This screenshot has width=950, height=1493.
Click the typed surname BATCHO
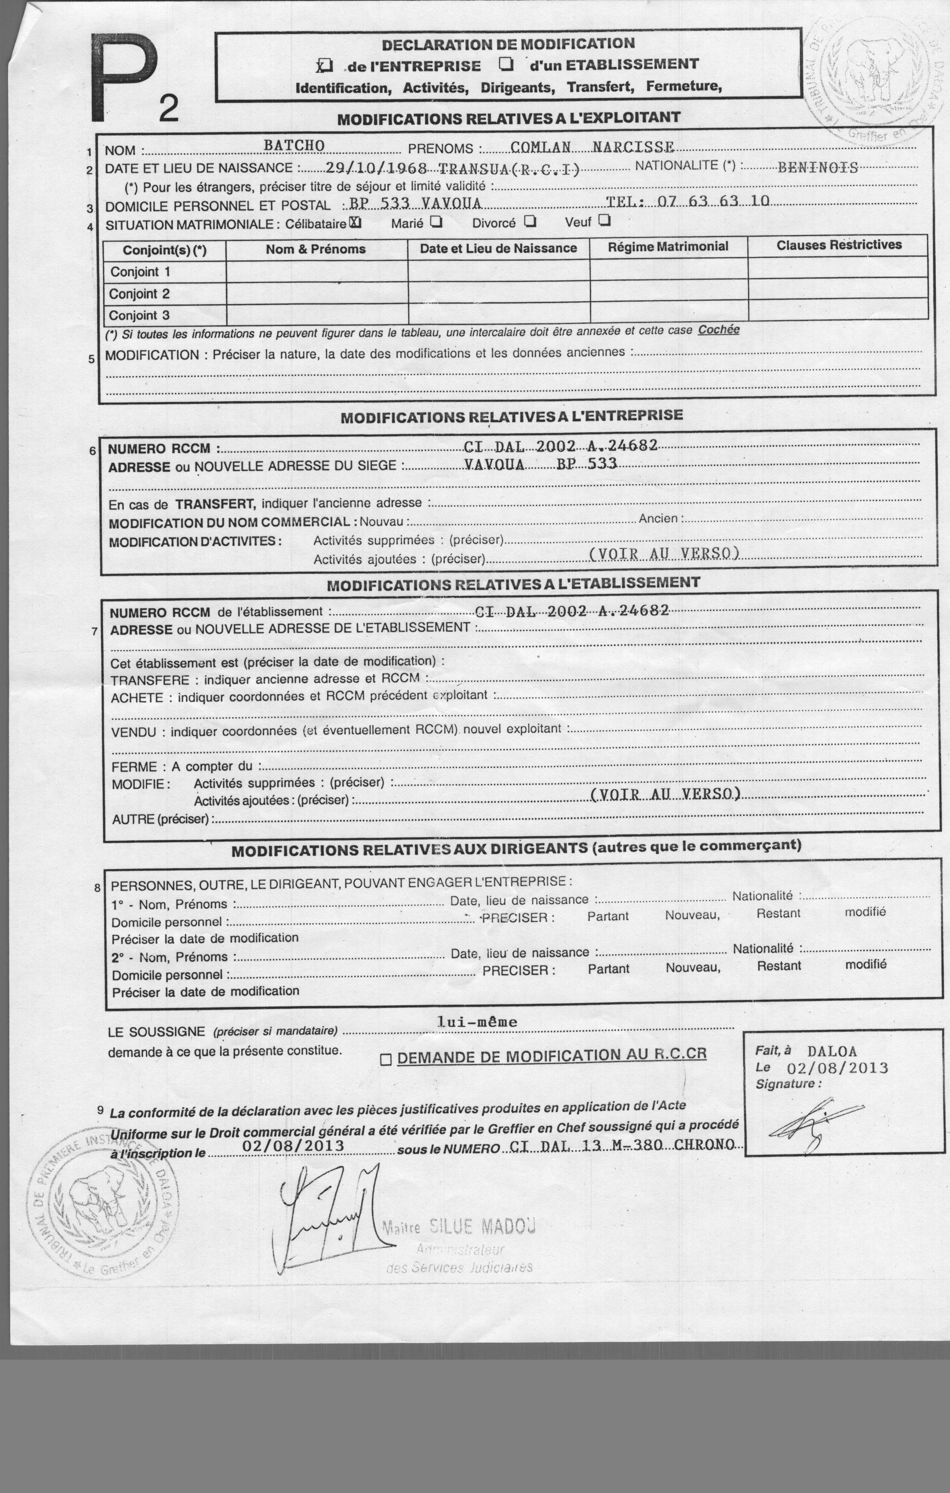tap(294, 145)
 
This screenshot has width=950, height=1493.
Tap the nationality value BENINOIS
tap(817, 167)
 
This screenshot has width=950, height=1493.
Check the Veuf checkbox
tap(604, 220)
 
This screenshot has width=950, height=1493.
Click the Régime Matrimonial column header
tap(668, 247)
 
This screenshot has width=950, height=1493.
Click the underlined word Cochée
tap(718, 330)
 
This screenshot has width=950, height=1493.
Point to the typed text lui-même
tap(477, 1022)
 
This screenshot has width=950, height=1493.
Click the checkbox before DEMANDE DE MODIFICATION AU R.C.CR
tap(385, 1060)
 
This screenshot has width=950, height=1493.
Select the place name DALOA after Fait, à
tap(832, 1052)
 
